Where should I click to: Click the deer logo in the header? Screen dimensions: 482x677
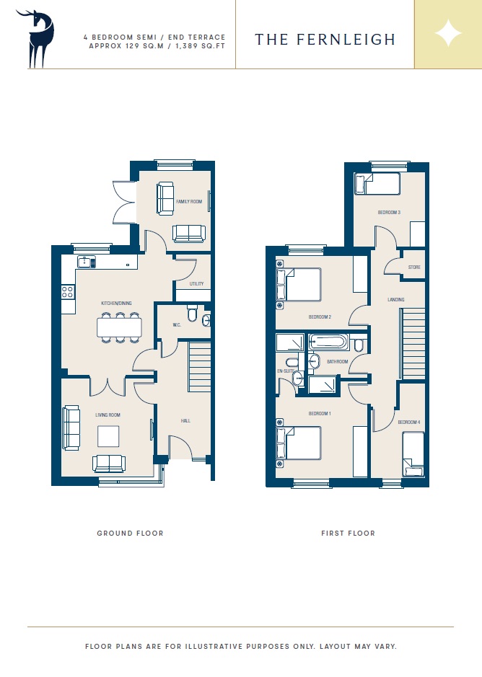coord(36,39)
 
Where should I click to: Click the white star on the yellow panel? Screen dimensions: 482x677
coord(448,33)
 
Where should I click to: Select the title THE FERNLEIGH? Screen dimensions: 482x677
coord(325,39)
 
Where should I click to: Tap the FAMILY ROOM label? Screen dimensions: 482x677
coord(189,202)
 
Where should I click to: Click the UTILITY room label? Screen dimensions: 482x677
coord(196,283)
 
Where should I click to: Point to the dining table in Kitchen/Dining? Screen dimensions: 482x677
coord(119,327)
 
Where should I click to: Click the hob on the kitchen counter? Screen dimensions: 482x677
coord(67,291)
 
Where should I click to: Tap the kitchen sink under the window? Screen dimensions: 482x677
coord(87,262)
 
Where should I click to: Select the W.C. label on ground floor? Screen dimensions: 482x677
coord(177,324)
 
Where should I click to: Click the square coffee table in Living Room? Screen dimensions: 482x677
coord(108,436)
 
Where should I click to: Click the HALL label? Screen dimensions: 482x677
coord(185,420)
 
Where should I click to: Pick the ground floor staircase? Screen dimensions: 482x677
coord(200,366)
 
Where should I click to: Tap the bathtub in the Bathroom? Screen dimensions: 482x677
coord(328,342)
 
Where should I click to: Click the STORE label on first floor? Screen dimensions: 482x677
coord(414,267)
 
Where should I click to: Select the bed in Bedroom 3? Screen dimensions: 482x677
coord(377,184)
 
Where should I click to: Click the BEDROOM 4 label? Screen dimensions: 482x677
coord(409,422)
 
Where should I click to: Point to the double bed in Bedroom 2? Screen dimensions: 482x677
coord(299,285)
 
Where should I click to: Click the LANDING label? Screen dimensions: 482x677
coord(396,300)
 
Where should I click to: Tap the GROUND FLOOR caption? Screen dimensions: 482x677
coord(130,534)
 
